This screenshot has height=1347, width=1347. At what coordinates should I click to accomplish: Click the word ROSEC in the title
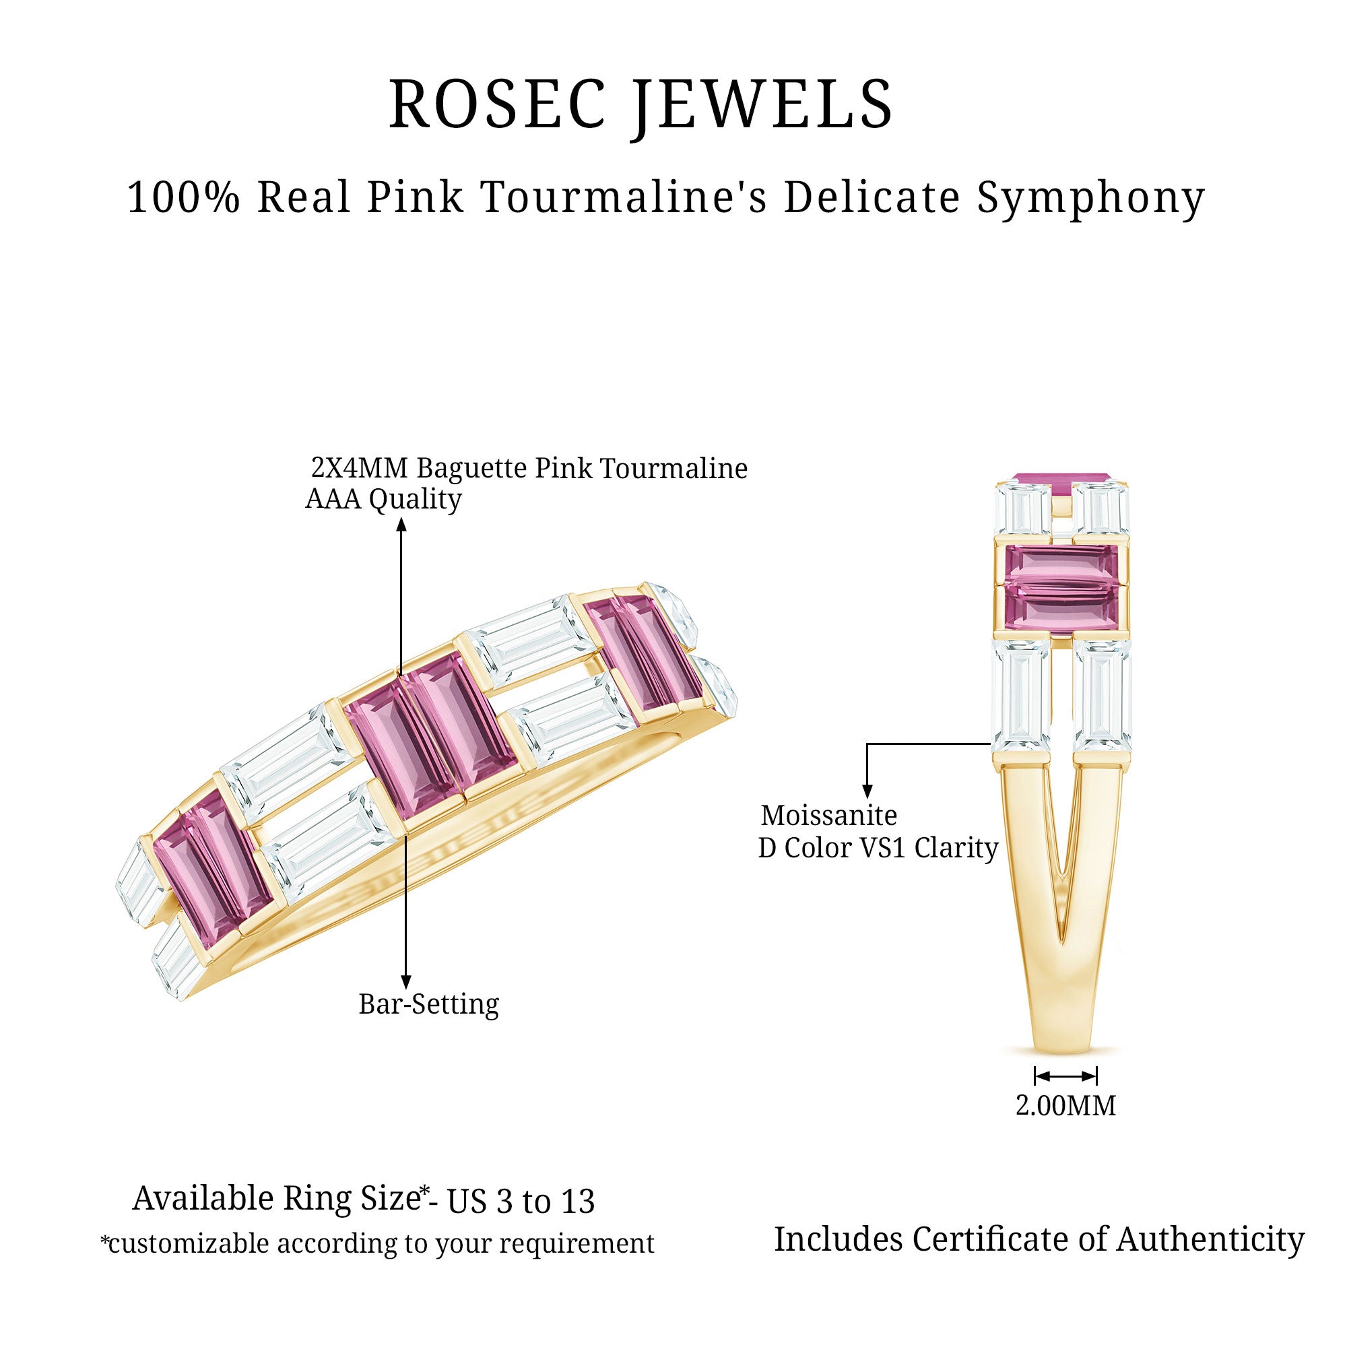(496, 104)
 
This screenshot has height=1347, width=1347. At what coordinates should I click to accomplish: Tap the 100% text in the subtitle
(183, 197)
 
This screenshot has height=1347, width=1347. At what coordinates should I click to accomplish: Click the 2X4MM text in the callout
(359, 468)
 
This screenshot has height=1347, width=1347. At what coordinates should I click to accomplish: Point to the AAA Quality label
(383, 499)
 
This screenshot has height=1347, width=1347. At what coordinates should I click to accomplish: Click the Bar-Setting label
(429, 1004)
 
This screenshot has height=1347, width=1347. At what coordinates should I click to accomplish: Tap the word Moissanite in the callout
(828, 815)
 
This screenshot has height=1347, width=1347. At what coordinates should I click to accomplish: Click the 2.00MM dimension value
(1065, 1106)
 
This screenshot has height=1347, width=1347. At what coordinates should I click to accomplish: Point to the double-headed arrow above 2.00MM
(1065, 1076)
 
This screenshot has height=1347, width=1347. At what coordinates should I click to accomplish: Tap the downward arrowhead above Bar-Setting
(405, 982)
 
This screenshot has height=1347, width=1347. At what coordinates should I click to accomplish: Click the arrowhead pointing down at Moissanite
(867, 791)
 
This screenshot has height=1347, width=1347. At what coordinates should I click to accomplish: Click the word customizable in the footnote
(189, 1244)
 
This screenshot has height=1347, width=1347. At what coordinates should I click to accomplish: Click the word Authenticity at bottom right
(1210, 1240)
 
